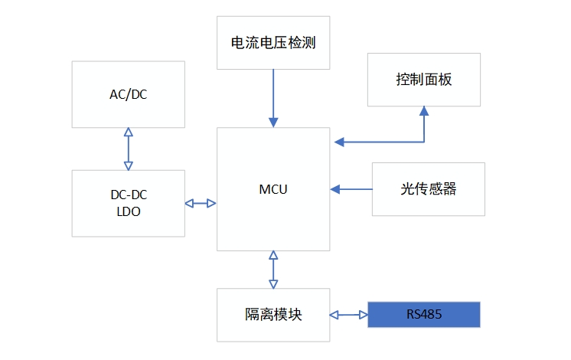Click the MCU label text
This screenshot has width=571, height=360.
coord(273,189)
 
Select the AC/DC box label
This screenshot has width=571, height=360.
coord(128,94)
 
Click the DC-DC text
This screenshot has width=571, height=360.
coord(129,195)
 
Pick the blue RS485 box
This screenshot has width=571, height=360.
coord(424,314)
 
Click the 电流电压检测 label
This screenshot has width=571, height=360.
coord(273,44)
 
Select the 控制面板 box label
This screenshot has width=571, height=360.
coord(424,80)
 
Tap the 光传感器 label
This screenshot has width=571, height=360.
coord(428,188)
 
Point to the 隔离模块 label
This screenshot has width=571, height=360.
coord(273,315)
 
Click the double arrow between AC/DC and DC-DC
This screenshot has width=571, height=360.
coord(128,149)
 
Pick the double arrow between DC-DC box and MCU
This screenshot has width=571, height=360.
coord(201,203)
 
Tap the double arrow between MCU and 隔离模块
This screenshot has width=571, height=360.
coord(273,269)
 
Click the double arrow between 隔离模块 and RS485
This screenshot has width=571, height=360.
coord(349,314)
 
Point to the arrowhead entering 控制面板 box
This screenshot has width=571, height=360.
coord(423,112)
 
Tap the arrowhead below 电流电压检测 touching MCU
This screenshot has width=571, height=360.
coord(273,122)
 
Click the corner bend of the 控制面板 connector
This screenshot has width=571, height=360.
coord(423,142)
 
